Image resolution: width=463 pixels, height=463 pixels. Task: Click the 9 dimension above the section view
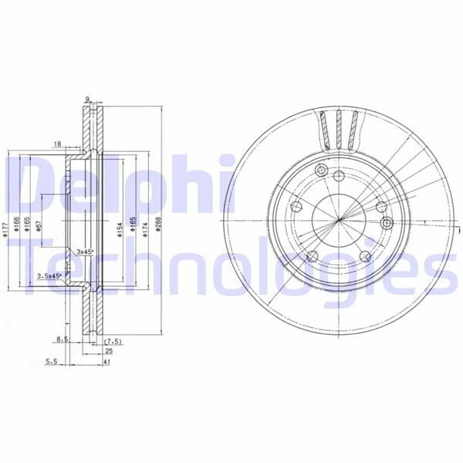(88, 100)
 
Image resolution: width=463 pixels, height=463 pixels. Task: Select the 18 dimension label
(58, 144)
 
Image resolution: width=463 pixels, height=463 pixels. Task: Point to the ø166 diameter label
(19, 225)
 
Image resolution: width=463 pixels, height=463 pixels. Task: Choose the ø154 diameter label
(121, 229)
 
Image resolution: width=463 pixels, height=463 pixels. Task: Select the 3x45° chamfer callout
(84, 252)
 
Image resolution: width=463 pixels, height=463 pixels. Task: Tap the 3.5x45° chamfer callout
(49, 275)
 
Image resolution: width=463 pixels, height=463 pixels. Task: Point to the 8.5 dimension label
(64, 338)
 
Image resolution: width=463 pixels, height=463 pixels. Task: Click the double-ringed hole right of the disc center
(387, 222)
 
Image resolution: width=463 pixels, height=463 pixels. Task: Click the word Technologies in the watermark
(231, 266)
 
